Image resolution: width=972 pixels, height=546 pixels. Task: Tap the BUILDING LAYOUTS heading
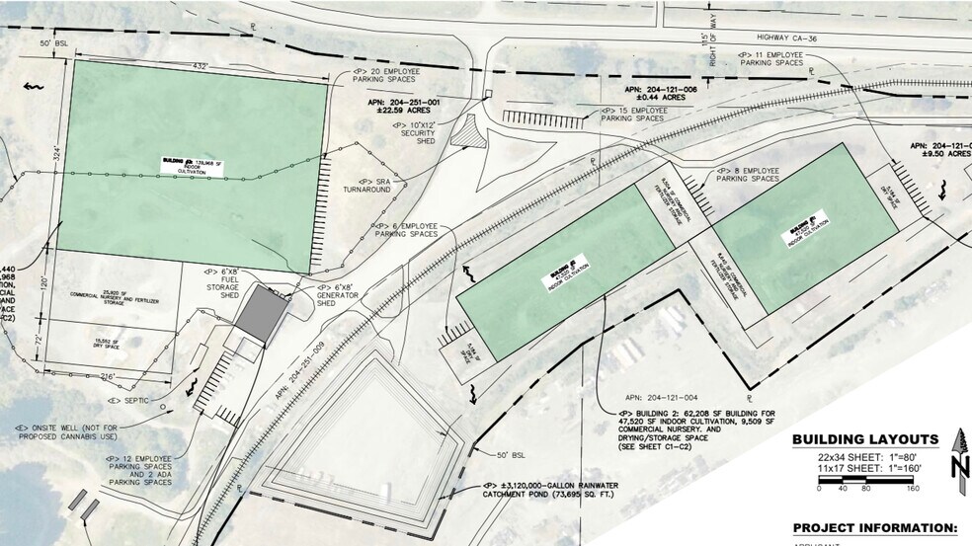pyautogui.click(x=866, y=438)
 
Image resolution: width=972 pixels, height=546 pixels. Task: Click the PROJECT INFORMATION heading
pyautogui.click(x=875, y=527)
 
